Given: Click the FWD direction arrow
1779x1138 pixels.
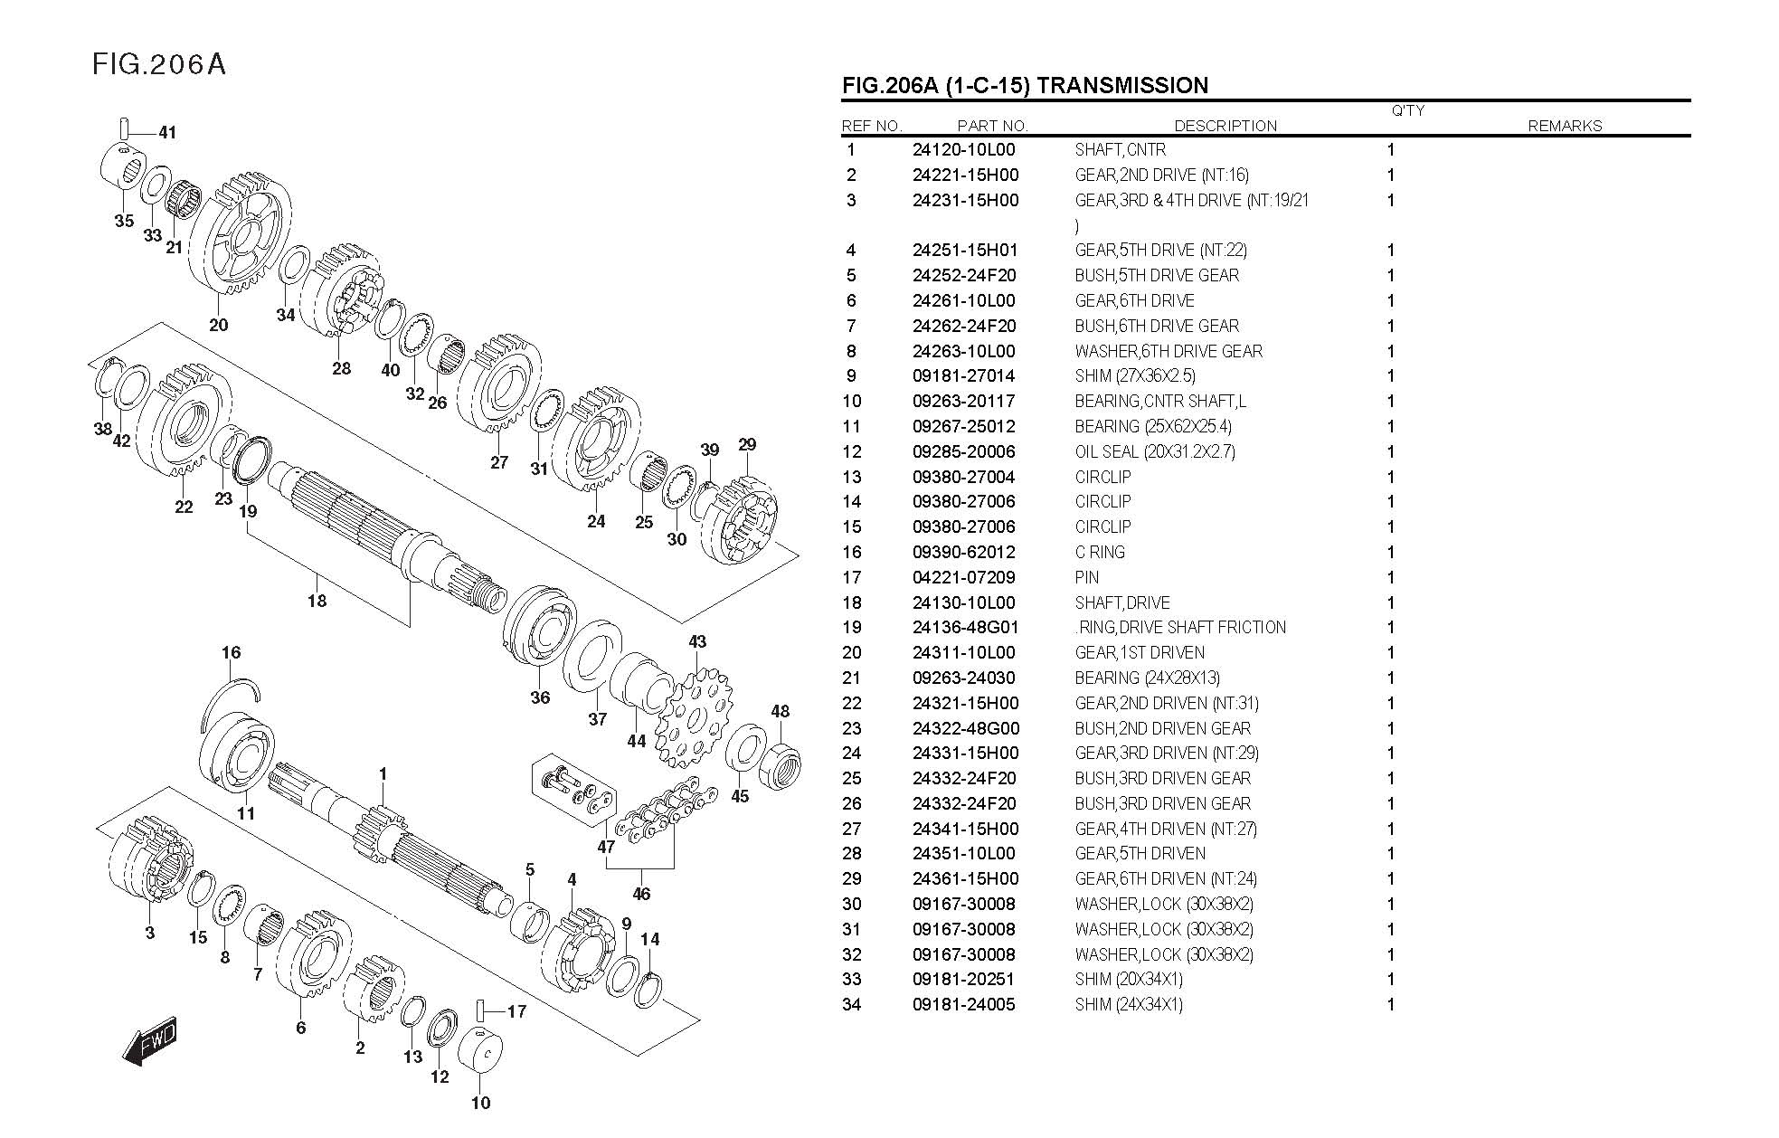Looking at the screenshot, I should (x=151, y=1043).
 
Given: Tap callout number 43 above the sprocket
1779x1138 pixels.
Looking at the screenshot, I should (x=696, y=642).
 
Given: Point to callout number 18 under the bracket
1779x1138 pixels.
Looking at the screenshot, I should (x=317, y=601).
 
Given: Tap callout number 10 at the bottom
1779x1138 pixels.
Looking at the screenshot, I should (x=480, y=1103).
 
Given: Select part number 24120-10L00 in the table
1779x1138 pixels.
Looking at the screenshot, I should (x=963, y=150).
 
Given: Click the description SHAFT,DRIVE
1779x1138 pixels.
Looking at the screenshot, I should (x=1121, y=602).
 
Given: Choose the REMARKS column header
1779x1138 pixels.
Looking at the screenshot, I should (x=1564, y=126).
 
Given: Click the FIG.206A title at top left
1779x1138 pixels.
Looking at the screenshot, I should (x=158, y=64).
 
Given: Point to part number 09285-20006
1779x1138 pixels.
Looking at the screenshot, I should (x=963, y=451).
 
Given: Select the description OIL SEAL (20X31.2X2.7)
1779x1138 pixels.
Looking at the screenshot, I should (x=1154, y=451).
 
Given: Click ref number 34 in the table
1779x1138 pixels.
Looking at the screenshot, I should (x=851, y=1004).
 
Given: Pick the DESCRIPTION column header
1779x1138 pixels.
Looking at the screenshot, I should (x=1225, y=126).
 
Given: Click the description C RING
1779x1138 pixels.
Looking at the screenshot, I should (x=1100, y=552).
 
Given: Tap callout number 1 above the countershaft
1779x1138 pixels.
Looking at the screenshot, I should (x=383, y=774).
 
